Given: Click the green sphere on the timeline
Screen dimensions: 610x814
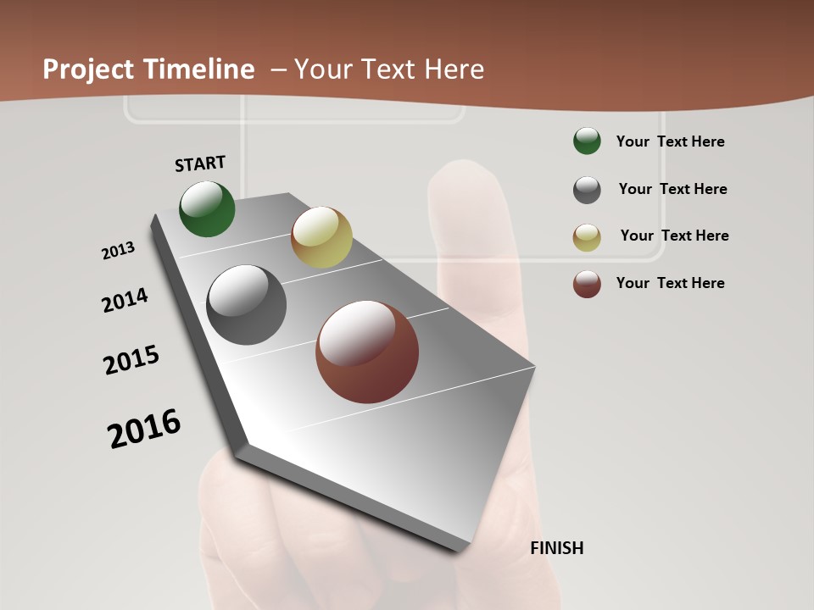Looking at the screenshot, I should pyautogui.click(x=208, y=209).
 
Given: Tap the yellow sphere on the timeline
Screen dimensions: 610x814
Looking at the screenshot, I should pyautogui.click(x=321, y=237).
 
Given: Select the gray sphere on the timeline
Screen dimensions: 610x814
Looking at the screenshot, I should pyautogui.click(x=247, y=305).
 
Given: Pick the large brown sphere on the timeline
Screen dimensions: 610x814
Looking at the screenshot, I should pyautogui.click(x=367, y=352).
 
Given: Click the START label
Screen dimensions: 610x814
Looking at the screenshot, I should pyautogui.click(x=200, y=164).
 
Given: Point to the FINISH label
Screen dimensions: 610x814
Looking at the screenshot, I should pyautogui.click(x=557, y=548).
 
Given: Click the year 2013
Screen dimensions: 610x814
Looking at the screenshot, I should pyautogui.click(x=119, y=251).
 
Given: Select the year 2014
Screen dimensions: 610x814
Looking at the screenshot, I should pyautogui.click(x=125, y=301).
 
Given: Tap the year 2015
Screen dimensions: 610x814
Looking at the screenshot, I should pyautogui.click(x=131, y=360).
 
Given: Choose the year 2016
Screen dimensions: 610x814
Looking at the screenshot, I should pyautogui.click(x=145, y=429).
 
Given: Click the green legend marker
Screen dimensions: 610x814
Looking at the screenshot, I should pyautogui.click(x=587, y=141).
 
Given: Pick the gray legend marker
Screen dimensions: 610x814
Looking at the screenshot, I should pyautogui.click(x=587, y=190).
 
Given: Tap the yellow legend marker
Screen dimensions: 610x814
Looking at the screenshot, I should pyautogui.click(x=587, y=237).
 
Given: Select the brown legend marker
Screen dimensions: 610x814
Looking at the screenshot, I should pyautogui.click(x=587, y=284).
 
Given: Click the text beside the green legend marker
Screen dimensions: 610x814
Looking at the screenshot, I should pyautogui.click(x=670, y=141).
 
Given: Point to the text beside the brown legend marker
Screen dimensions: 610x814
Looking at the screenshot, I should pyautogui.click(x=670, y=283).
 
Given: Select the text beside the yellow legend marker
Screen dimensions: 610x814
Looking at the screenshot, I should pyautogui.click(x=674, y=236).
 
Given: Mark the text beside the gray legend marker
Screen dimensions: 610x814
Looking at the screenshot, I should pyautogui.click(x=672, y=189).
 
